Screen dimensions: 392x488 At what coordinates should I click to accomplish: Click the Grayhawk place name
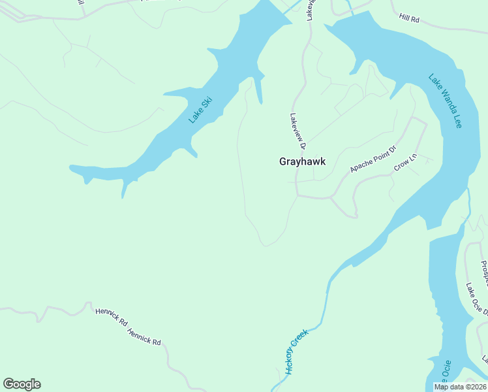(x=302, y=161)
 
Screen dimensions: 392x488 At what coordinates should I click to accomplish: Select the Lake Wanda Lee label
(x=445, y=100)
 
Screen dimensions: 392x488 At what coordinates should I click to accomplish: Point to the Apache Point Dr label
(x=373, y=159)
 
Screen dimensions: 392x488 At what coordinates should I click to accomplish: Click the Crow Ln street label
(x=404, y=163)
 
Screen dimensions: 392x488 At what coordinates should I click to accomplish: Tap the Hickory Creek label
(x=296, y=351)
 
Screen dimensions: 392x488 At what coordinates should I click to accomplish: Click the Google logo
(x=22, y=384)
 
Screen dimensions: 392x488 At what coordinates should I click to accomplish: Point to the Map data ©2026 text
(x=460, y=387)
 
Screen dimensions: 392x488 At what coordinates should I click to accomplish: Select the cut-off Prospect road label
(x=484, y=273)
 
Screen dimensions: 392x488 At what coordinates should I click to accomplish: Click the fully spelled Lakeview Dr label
(x=297, y=129)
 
